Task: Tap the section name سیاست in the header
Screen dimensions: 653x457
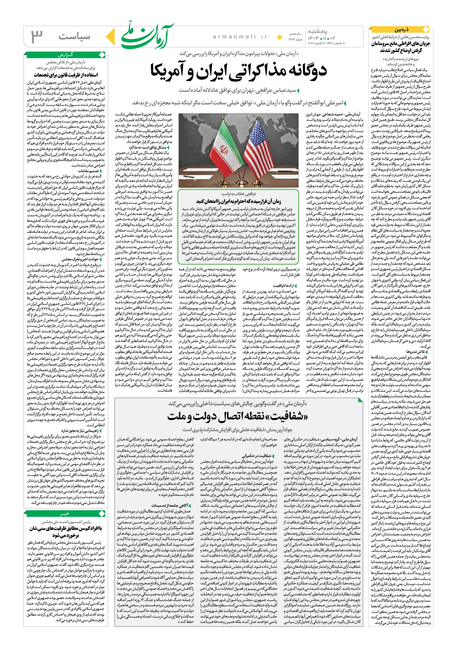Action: coord(74,36)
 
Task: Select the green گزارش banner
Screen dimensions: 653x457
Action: coord(66,55)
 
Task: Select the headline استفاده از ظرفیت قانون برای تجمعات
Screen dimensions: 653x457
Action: coord(66,75)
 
